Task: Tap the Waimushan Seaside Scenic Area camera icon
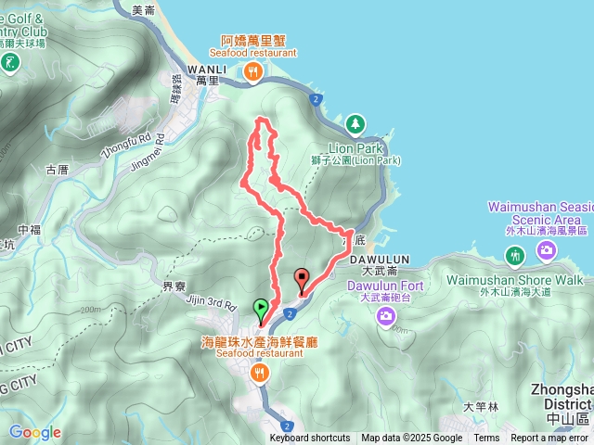click(547, 248)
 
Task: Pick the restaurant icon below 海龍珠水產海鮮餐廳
click(259, 372)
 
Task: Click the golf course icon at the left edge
click(10, 63)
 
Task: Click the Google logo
click(34, 432)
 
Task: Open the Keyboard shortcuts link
click(310, 439)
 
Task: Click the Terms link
click(486, 439)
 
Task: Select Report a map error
click(549, 439)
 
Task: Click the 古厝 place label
click(57, 170)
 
